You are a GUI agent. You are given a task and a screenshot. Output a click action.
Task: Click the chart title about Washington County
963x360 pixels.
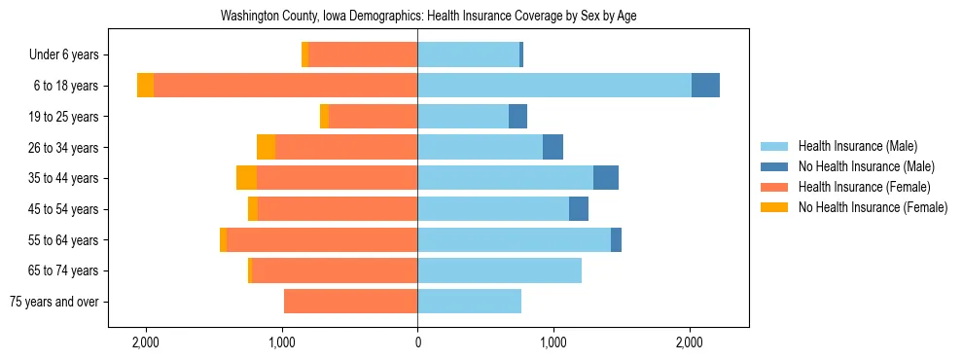pyautogui.click(x=428, y=16)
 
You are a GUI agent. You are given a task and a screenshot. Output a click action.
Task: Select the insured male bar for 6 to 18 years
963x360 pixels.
pyautogui.click(x=554, y=86)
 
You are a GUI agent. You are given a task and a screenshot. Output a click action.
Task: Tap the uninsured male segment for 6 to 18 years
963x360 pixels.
pyautogui.click(x=705, y=86)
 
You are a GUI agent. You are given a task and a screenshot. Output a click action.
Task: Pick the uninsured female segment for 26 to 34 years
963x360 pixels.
pyautogui.click(x=266, y=147)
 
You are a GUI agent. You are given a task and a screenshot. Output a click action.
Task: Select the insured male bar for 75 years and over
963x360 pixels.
pyautogui.click(x=469, y=302)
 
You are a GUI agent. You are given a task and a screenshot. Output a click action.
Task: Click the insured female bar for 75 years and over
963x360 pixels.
pyautogui.click(x=350, y=302)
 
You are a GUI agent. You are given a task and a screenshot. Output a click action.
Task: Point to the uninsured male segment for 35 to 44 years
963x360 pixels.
pyautogui.click(x=606, y=178)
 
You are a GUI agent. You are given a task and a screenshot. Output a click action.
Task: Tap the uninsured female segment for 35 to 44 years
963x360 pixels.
pyautogui.click(x=246, y=178)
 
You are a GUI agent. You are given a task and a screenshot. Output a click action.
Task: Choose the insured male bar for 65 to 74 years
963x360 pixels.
pyautogui.click(x=499, y=270)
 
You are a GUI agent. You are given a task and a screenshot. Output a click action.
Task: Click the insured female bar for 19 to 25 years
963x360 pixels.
pyautogui.click(x=373, y=117)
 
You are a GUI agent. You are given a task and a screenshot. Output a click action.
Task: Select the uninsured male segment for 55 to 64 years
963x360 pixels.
pyautogui.click(x=616, y=239)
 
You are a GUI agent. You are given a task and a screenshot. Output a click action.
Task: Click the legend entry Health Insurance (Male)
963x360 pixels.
pyautogui.click(x=857, y=146)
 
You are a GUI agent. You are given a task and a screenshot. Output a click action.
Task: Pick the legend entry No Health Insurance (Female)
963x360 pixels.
pyautogui.click(x=873, y=207)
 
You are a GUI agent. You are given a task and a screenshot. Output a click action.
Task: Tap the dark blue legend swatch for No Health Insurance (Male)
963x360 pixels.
pyautogui.click(x=774, y=166)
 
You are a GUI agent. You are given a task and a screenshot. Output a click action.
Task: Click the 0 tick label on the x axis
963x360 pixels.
pyautogui.click(x=417, y=342)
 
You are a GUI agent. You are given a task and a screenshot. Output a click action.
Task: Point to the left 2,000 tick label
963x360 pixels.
pyautogui.click(x=146, y=342)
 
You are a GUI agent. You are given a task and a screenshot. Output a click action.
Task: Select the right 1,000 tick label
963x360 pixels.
pyautogui.click(x=553, y=342)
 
